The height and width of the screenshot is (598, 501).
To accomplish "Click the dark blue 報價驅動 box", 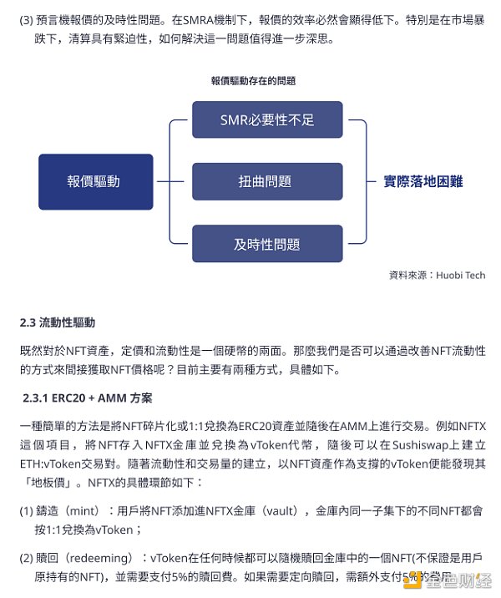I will click(96, 181).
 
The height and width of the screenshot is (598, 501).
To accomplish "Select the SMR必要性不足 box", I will click(267, 119).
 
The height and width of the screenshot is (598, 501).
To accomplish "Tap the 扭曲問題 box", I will click(267, 181).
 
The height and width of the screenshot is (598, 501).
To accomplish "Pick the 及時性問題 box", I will click(267, 244).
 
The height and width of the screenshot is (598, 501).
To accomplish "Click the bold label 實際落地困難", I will click(423, 181).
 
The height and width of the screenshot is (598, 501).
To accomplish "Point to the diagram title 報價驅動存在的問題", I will click(253, 81).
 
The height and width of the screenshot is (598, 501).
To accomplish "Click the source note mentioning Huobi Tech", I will click(437, 275).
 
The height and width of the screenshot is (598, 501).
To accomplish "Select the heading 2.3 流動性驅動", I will click(58, 322).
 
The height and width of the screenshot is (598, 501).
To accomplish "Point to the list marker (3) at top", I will click(26, 18).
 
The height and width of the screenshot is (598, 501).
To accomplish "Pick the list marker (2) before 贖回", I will click(26, 557).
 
